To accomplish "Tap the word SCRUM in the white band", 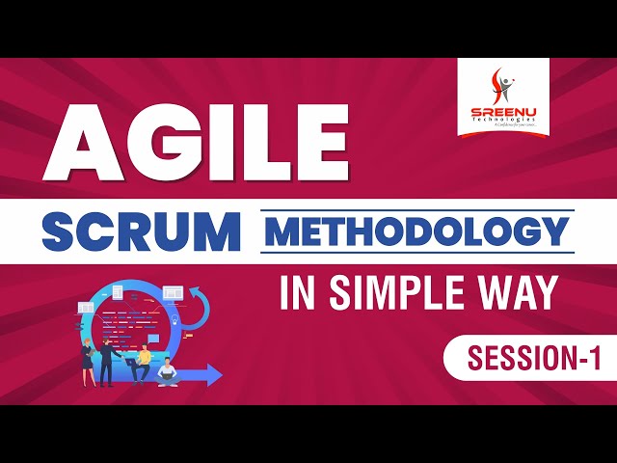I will point(141,231).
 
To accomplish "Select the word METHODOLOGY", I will point(417,231).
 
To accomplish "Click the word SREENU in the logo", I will point(503,112).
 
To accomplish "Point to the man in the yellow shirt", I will point(143,361).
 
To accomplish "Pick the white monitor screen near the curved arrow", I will point(173,290).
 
